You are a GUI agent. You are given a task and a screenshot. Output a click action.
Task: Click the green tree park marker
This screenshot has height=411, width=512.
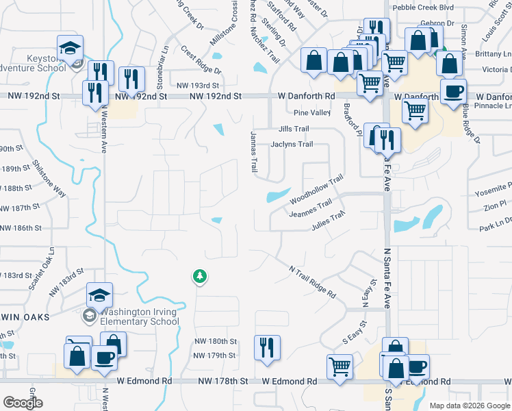click(200, 276)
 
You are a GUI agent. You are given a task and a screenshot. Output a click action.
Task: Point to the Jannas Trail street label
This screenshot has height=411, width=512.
click(254, 151)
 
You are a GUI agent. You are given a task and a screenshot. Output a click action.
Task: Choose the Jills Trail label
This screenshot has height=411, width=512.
click(294, 129)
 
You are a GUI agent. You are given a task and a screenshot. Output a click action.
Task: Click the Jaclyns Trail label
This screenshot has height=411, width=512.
click(292, 144)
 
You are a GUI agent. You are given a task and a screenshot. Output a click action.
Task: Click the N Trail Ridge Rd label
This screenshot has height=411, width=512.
click(312, 282)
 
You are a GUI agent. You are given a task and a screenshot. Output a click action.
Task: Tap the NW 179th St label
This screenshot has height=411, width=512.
click(214, 356)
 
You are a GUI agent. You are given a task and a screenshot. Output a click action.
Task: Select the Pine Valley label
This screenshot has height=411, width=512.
click(311, 112)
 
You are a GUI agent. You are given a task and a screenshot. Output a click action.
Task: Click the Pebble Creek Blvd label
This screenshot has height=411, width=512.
click(422, 8)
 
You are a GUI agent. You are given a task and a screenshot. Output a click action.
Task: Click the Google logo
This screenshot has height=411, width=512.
click(23, 403)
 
